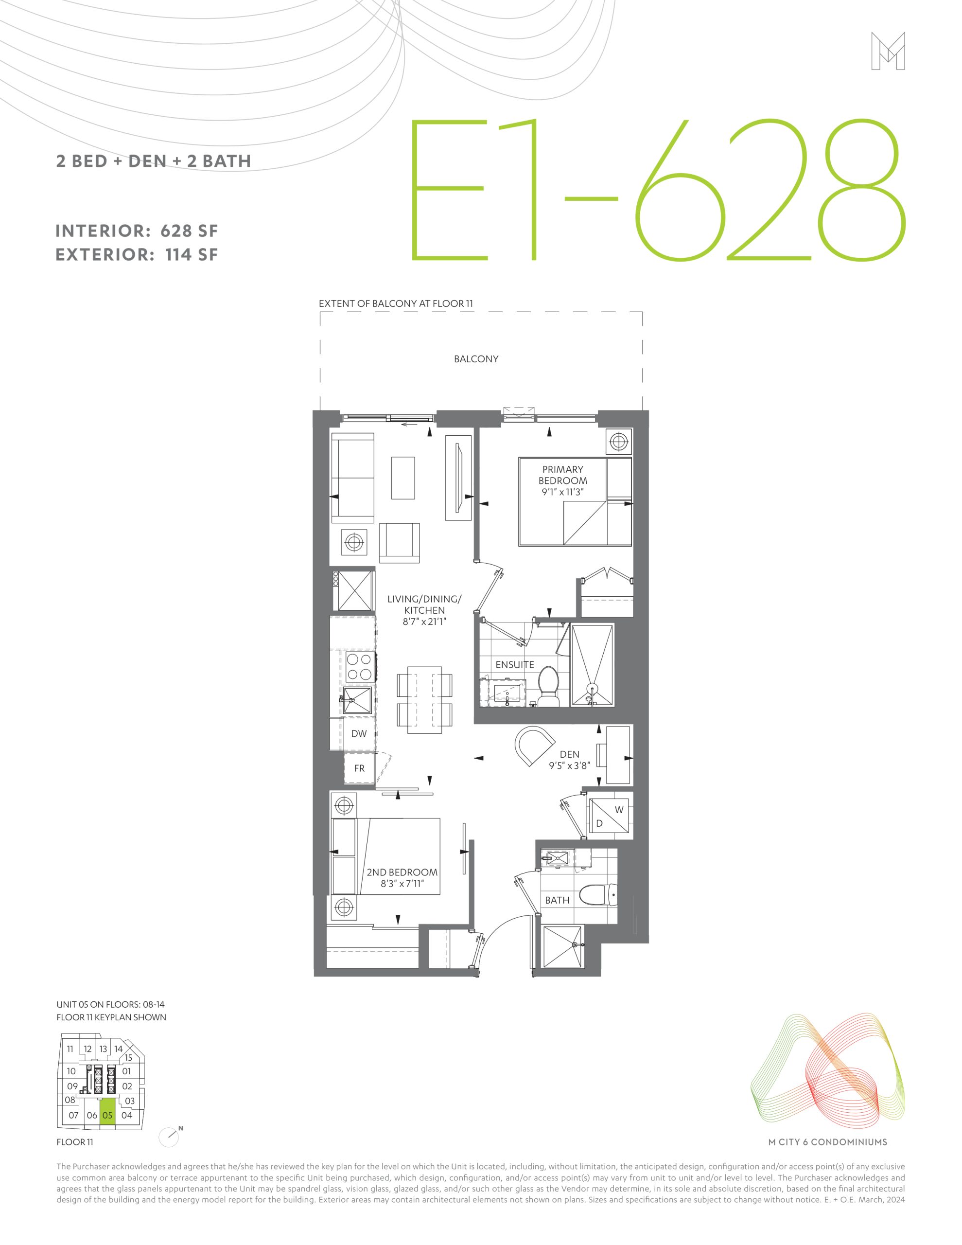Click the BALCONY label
coord(476,359)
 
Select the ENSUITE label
coord(515,665)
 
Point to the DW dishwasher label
coord(359,734)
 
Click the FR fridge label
coord(360,768)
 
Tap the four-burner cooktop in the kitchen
coord(358,667)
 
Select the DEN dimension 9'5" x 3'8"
coord(569,765)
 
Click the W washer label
coord(619,809)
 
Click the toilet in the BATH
coord(598,895)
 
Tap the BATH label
coord(557,900)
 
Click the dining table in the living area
coord(424,699)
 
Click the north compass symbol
coord(169,1137)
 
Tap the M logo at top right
coord(888,51)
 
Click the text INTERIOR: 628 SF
coord(137,231)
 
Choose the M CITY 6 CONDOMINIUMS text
coord(827,1142)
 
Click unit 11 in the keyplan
coord(70,1049)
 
